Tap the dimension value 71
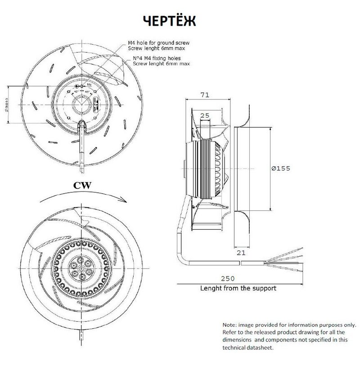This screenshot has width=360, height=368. point(204,95)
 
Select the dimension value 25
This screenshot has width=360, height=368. point(204,116)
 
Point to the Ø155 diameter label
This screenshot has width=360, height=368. point(281,168)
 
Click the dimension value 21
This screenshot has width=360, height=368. point(241,253)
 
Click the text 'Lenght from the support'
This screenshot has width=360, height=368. point(238,288)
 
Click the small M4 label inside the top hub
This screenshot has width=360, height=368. point(89,85)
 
